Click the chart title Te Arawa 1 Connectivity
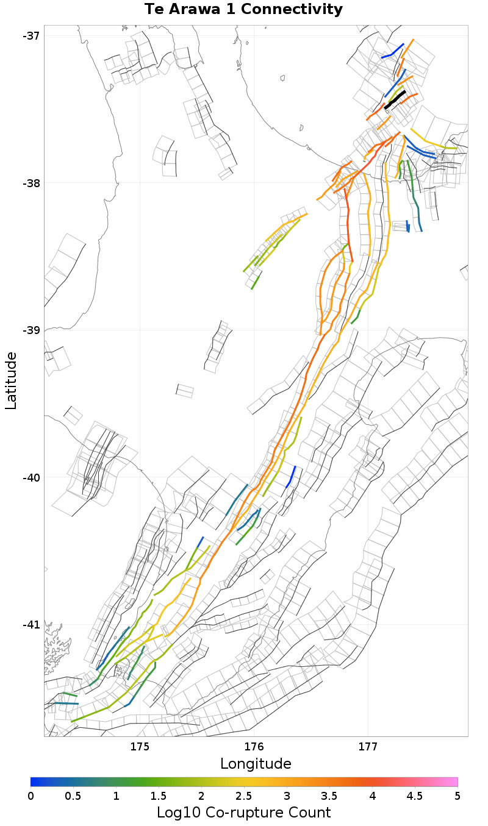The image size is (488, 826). (x=243, y=10)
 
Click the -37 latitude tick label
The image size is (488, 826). (x=30, y=35)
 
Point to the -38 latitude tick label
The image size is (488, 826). (x=30, y=183)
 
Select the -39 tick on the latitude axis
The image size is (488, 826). (x=30, y=330)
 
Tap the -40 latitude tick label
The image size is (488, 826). (x=30, y=477)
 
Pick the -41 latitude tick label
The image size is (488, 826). (x=30, y=625)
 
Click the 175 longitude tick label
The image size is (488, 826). (x=140, y=747)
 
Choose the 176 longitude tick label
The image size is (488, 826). (x=254, y=747)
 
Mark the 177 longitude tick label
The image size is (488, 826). (x=368, y=747)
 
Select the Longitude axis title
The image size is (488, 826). (x=256, y=764)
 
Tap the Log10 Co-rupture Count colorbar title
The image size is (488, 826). (x=243, y=813)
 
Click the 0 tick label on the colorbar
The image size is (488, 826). (x=30, y=796)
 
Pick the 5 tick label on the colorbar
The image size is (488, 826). (x=457, y=796)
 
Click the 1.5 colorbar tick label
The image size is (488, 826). (x=159, y=796)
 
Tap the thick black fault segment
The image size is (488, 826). (x=395, y=99)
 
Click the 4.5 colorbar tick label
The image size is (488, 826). (x=415, y=796)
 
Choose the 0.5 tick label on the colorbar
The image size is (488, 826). (x=73, y=796)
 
